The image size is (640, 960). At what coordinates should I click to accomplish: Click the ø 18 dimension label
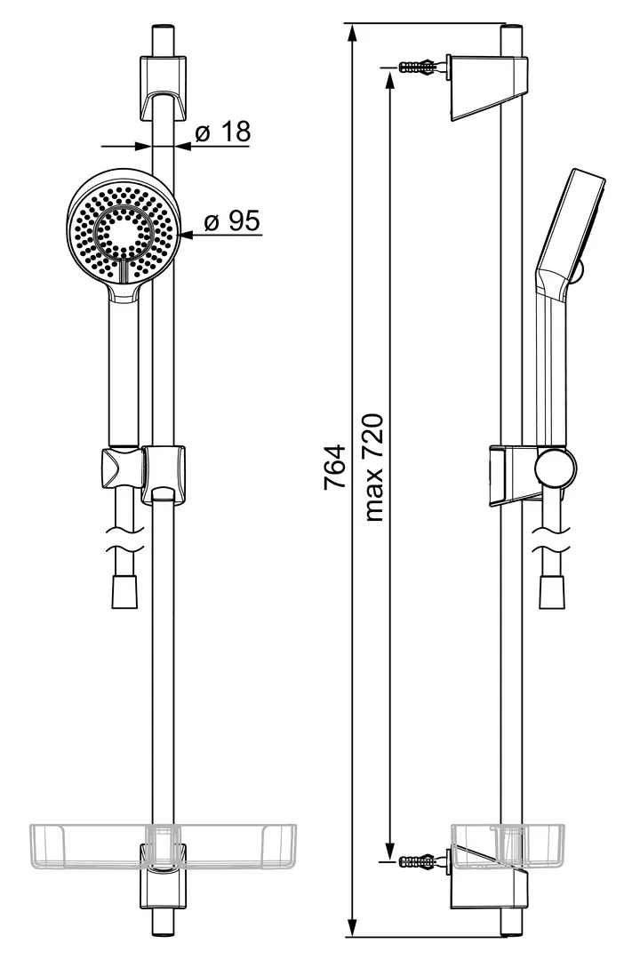click(x=222, y=131)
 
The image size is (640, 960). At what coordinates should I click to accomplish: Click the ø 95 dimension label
click(x=231, y=220)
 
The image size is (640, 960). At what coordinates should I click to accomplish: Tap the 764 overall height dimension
click(x=335, y=467)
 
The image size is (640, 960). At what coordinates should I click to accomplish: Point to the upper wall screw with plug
click(x=417, y=66)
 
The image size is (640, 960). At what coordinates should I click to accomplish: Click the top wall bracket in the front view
click(x=163, y=88)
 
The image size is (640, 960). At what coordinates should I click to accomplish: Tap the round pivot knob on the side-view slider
click(x=556, y=469)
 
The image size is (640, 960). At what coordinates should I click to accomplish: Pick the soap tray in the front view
click(x=163, y=846)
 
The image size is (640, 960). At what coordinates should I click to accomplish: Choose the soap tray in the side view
click(x=489, y=846)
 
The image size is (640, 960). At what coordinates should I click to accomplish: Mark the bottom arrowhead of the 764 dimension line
click(x=352, y=924)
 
